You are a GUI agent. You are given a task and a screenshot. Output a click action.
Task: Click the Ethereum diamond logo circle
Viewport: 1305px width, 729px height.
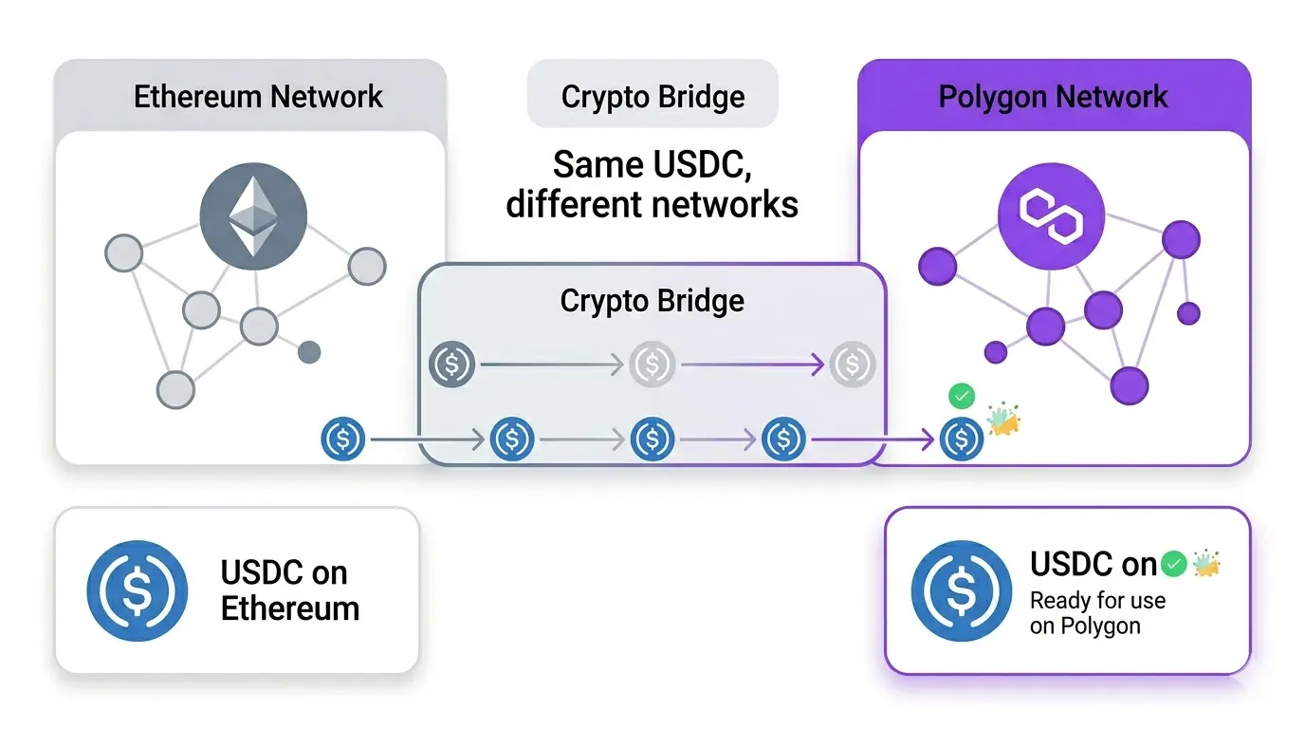click(x=253, y=216)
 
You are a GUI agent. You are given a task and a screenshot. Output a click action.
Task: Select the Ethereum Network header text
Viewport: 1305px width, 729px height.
click(x=258, y=97)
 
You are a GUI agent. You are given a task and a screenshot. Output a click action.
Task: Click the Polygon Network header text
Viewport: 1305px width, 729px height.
click(x=1053, y=97)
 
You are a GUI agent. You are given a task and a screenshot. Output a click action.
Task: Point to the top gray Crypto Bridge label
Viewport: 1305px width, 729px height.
click(x=652, y=97)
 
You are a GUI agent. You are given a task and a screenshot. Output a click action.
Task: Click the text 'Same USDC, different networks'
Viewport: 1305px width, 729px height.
click(x=652, y=184)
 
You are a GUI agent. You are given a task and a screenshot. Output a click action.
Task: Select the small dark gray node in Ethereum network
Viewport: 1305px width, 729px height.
click(x=309, y=353)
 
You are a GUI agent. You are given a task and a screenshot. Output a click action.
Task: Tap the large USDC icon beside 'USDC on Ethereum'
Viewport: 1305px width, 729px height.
click(x=137, y=590)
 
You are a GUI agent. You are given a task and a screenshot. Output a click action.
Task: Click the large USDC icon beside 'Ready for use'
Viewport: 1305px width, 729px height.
click(x=962, y=590)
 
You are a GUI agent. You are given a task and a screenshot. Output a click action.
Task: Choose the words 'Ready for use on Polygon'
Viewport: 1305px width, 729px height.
click(x=1097, y=613)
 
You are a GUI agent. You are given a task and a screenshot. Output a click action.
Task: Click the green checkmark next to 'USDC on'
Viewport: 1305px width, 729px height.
click(x=1174, y=565)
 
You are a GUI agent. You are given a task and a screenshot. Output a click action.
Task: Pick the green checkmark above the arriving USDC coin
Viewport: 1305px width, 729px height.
click(x=962, y=396)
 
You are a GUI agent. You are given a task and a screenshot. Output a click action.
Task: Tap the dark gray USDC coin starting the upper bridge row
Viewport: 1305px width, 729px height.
click(x=451, y=364)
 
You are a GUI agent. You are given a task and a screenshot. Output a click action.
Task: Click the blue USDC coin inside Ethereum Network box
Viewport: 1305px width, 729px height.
click(x=343, y=439)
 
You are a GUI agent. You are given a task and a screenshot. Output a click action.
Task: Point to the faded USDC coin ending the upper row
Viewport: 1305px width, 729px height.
click(x=852, y=364)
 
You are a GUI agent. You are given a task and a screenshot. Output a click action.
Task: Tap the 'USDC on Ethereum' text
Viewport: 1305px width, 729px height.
click(x=290, y=590)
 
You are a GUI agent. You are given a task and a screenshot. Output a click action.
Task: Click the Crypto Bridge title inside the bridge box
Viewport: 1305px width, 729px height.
click(x=652, y=301)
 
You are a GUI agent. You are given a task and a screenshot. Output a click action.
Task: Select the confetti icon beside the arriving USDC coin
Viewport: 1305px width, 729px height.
click(x=1002, y=421)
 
